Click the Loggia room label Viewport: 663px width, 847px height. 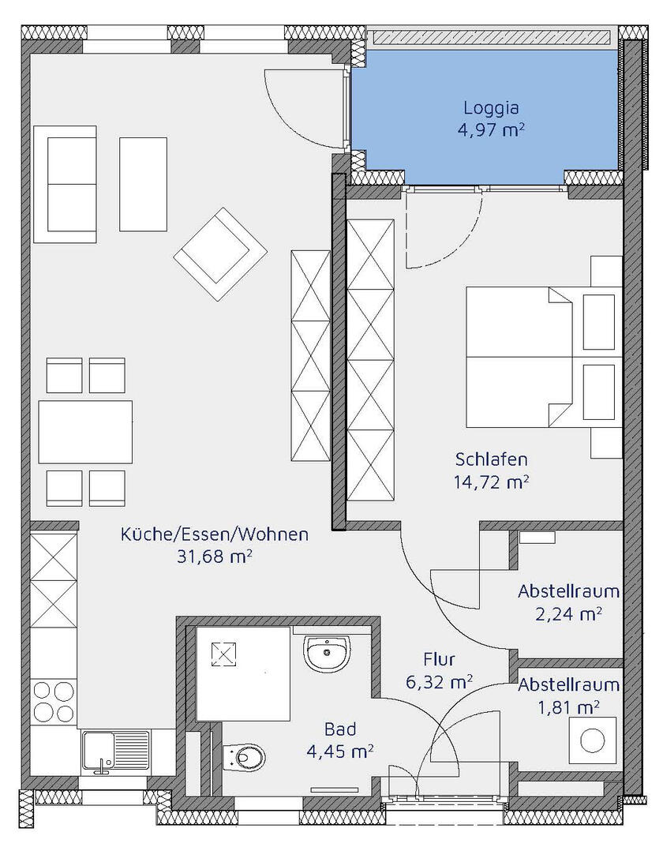coord(491,109)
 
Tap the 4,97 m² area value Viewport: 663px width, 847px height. coord(491,131)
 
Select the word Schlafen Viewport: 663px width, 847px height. coord(491,459)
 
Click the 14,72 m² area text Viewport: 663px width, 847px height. coord(491,482)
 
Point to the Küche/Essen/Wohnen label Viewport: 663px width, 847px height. coord(215,534)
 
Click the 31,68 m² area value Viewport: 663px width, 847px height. coord(215,557)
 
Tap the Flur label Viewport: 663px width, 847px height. coord(438,660)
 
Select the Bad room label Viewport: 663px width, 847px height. coord(340,729)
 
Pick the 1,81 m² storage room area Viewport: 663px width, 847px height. coord(568,707)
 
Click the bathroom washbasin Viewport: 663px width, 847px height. coord(328,651)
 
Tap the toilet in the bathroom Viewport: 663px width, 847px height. coord(244,757)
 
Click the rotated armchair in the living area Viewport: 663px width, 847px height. coord(221,254)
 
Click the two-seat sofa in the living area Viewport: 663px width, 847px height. coord(65,184)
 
